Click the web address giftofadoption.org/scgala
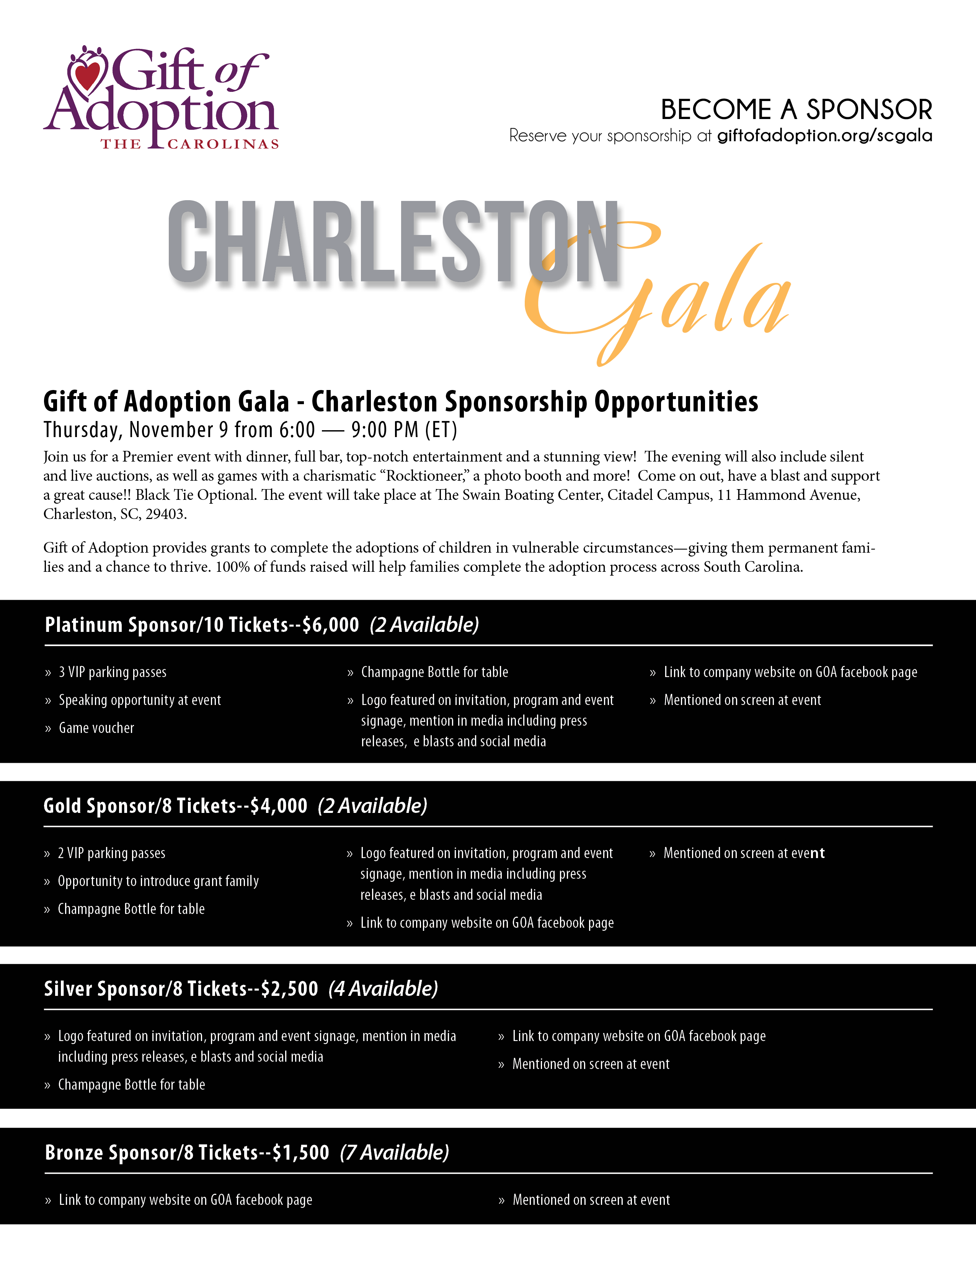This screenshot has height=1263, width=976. [x=824, y=135]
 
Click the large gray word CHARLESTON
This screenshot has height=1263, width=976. [x=393, y=243]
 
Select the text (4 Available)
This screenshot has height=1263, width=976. [x=384, y=989]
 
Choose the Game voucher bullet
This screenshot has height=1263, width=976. [x=96, y=728]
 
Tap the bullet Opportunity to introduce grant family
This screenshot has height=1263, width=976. [x=158, y=881]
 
